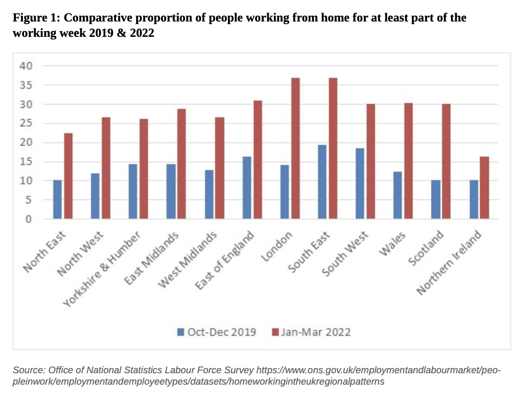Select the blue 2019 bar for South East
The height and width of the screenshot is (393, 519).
click(x=322, y=182)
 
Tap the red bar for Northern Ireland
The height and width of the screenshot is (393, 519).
click(x=484, y=187)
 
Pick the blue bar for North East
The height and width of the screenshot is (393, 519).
click(x=58, y=199)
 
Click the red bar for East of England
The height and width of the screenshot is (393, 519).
click(x=257, y=160)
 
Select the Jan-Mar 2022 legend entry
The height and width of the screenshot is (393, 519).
click(x=311, y=332)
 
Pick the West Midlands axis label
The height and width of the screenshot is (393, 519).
click(x=188, y=261)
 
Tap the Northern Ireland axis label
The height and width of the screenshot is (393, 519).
click(x=449, y=263)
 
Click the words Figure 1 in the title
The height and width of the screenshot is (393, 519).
click(x=35, y=18)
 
